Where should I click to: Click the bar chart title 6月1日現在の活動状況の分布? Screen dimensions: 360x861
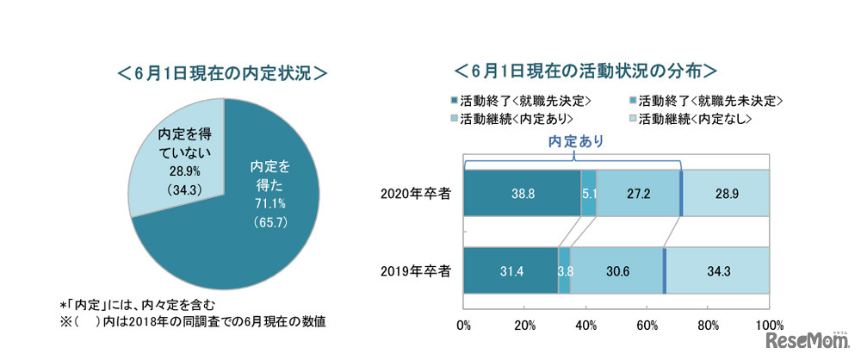585,68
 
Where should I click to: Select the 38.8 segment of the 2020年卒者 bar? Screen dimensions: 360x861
522,193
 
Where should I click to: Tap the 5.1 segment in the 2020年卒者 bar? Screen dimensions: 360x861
588,193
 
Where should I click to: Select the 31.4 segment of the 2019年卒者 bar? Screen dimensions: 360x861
511,270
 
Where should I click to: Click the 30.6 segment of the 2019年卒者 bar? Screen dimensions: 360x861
616,270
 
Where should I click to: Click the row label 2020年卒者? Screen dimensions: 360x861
415,193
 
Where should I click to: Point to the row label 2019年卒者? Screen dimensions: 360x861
415,270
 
